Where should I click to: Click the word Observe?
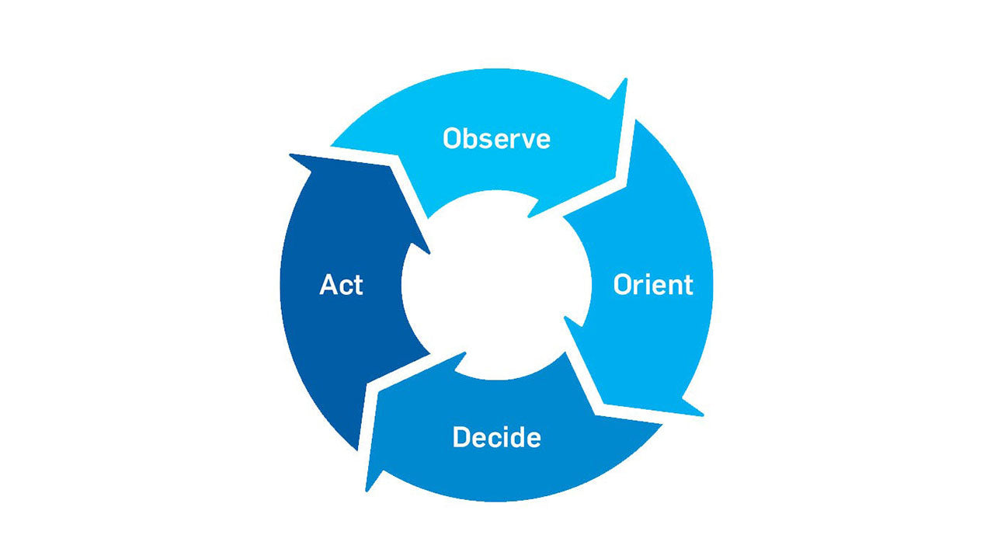tap(496, 139)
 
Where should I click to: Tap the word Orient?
tap(652, 285)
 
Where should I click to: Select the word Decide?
tap(496, 437)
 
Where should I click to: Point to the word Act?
tap(341, 285)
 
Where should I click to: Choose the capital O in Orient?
tap(624, 285)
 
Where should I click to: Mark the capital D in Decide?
tap(461, 437)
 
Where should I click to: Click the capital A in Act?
tap(329, 285)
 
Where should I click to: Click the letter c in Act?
tap(346, 287)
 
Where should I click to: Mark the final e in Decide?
tap(533, 439)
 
